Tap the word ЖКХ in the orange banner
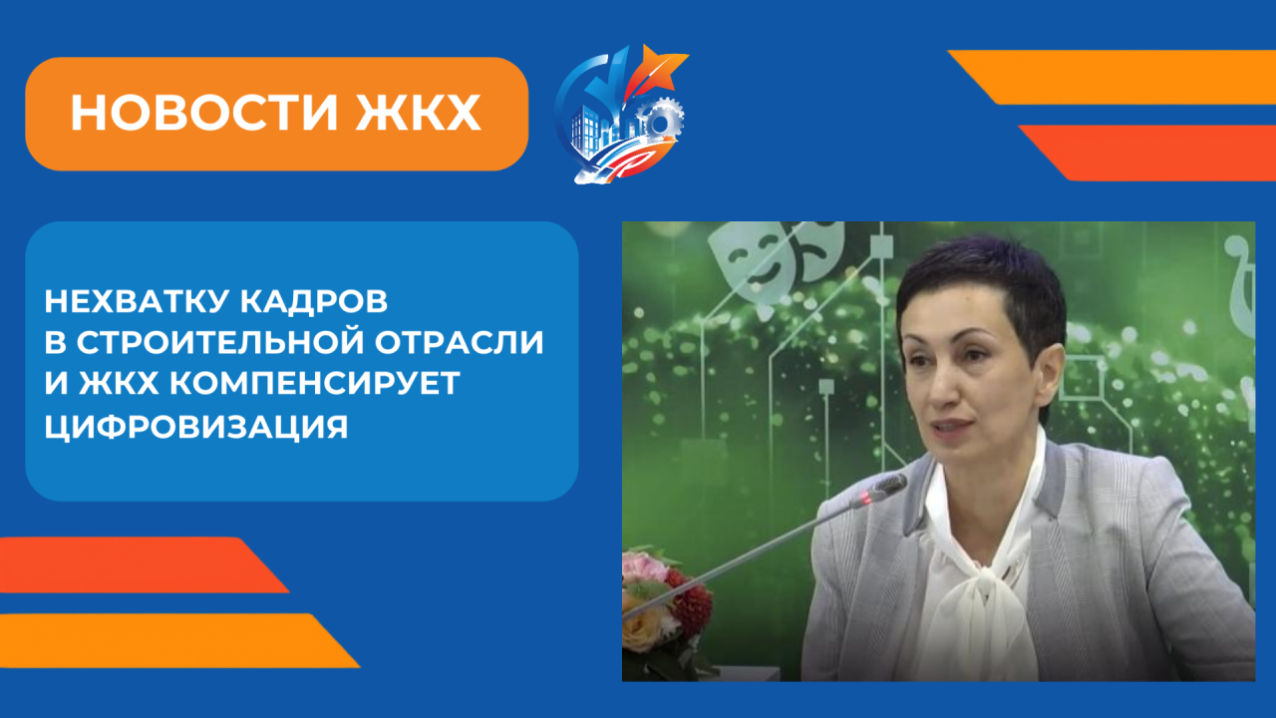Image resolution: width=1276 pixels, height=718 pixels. tap(418, 113)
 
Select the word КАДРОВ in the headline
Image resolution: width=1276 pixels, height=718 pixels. tap(314, 301)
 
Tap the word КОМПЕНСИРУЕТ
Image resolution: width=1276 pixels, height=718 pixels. tap(315, 382)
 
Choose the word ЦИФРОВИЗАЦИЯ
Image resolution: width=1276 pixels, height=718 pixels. tap(196, 426)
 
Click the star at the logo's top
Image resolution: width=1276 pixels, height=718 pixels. tap(661, 69)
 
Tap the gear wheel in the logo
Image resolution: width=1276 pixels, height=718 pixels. tap(661, 122)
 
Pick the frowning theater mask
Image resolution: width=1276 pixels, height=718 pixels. tap(818, 250)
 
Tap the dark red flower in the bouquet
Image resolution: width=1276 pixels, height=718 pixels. tap(689, 605)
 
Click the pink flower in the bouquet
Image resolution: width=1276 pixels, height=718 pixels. tap(643, 568)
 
